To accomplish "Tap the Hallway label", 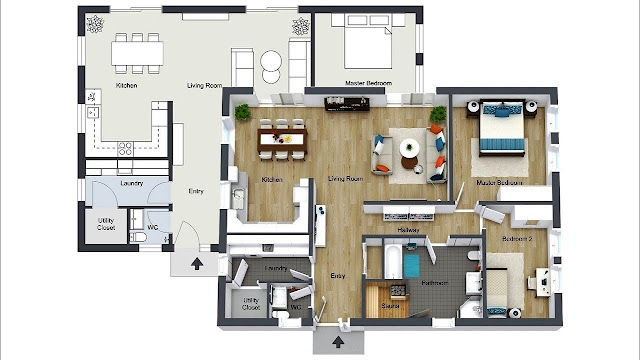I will pyautogui.click(x=408, y=230).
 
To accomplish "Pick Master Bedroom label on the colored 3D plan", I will pyautogui.click(x=500, y=183).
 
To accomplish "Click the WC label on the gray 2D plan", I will pyautogui.click(x=153, y=227).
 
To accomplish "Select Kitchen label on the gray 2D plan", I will pyautogui.click(x=126, y=86).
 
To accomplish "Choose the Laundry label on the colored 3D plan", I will pyautogui.click(x=277, y=268).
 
